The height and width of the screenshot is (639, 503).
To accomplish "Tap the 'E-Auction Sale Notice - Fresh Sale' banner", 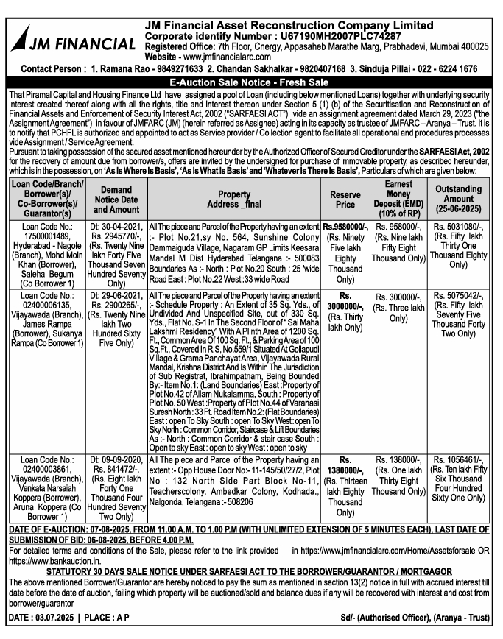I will tap(251, 82).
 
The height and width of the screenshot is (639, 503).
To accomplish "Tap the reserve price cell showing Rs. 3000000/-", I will tap(340, 300).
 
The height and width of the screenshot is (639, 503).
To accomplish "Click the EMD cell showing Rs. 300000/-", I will tap(398, 295).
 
